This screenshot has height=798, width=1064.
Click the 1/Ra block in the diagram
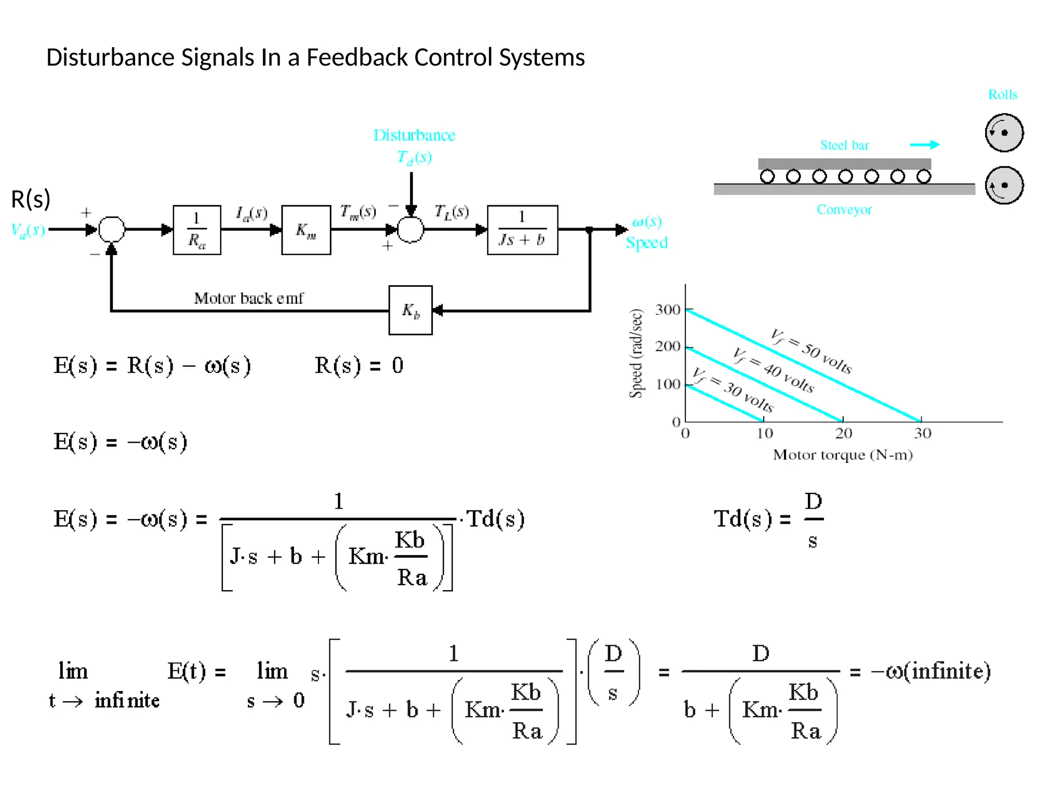click(x=197, y=230)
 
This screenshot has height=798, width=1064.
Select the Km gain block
click(x=306, y=230)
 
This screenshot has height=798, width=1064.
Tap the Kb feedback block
click(x=410, y=310)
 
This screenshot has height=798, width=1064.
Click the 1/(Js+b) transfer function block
click(x=522, y=230)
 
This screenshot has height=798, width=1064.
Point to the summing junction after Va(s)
click(x=112, y=229)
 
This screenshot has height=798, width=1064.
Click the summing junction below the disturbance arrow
click(x=410, y=229)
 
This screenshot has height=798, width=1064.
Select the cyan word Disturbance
click(x=414, y=135)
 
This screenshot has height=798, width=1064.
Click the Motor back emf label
click(x=248, y=298)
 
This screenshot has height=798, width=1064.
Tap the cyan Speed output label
click(x=646, y=243)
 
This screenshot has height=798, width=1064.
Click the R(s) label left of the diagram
click(x=31, y=199)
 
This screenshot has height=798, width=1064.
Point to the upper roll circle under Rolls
click(x=1004, y=132)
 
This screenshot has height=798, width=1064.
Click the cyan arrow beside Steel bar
click(x=925, y=144)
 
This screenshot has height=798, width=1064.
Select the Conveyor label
click(x=844, y=209)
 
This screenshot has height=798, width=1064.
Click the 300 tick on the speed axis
click(x=668, y=310)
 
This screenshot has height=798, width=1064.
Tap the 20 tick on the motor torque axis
click(x=843, y=433)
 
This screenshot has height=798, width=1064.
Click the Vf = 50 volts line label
click(x=810, y=351)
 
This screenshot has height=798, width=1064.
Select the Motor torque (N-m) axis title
click(x=843, y=455)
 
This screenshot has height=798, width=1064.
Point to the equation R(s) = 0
click(x=358, y=365)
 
